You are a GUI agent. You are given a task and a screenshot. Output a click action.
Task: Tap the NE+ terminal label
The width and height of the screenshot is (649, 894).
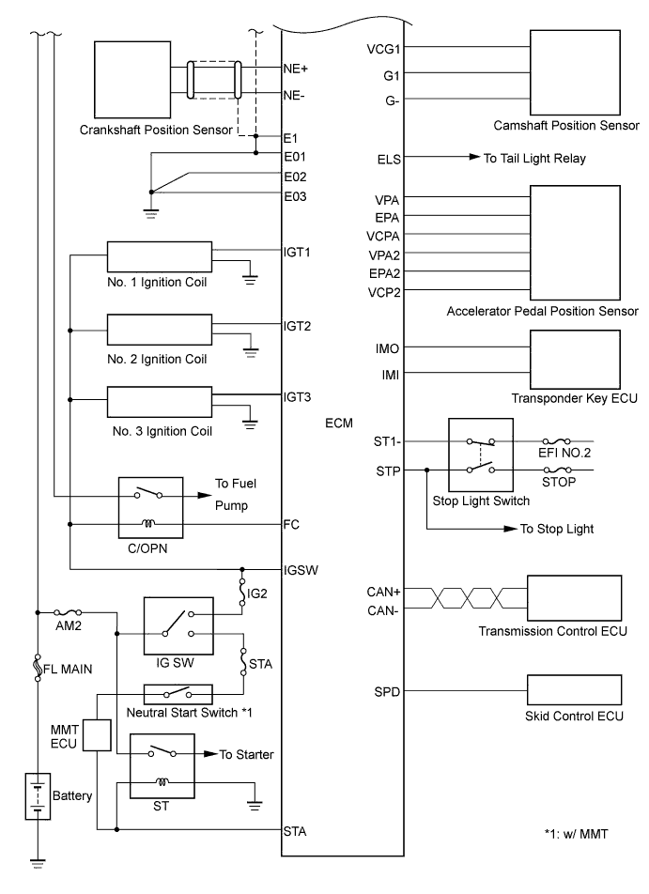coord(297,69)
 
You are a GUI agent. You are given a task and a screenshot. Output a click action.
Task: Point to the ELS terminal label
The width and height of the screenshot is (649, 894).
coord(389,160)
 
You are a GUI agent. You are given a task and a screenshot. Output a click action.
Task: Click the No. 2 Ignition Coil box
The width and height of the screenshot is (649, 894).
coord(159,330)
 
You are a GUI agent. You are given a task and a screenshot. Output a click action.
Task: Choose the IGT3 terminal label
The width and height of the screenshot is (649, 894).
coord(297,396)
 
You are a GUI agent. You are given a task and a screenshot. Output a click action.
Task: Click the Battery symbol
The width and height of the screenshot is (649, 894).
coord(38,795)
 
